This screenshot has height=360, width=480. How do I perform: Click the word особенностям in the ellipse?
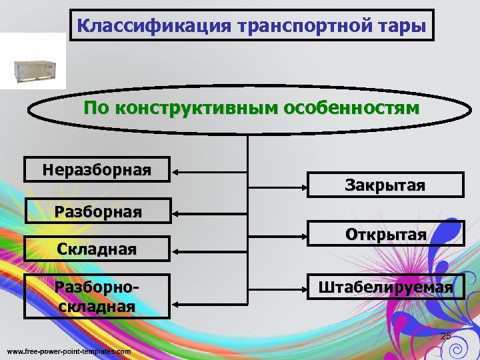coord(351,108)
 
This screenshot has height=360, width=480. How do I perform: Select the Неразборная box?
coord(97,169)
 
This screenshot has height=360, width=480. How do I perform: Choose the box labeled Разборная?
coord(97,212)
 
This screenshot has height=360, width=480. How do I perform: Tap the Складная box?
coord(97,250)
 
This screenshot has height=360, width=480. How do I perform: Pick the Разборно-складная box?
coord(97,296)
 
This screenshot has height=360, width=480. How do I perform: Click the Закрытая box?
coord(385,185)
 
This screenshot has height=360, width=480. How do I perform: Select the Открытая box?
coord(385,234)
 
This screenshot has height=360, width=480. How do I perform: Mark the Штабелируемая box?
coord(385,287)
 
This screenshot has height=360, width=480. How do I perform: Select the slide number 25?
coord(446,335)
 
